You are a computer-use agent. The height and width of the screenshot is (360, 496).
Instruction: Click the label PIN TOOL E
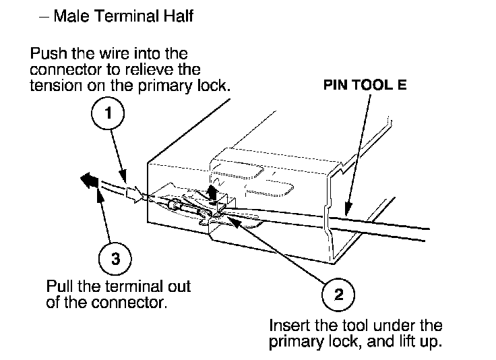click(x=365, y=86)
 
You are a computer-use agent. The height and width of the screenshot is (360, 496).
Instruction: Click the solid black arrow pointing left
click(x=88, y=180)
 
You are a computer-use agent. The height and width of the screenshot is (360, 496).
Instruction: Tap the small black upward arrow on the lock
click(x=214, y=193)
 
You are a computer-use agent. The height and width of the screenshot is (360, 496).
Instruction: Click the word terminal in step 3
click(x=128, y=285)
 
